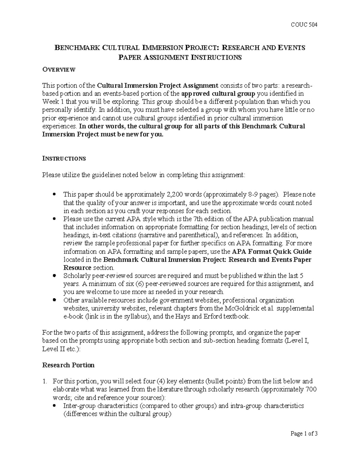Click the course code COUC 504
304,25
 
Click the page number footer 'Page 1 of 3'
304,434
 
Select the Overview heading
59,70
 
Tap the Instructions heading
64,158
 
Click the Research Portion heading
68,365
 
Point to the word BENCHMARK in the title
77,48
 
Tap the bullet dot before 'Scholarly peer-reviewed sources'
54,275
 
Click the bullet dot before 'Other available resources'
54,300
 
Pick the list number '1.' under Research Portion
45,381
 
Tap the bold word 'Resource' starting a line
77,268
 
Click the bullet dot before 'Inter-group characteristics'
54,406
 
